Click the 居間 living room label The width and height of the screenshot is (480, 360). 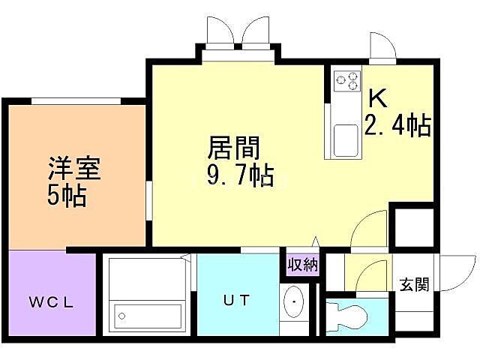point(228,146)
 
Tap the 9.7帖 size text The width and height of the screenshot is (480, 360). point(238,177)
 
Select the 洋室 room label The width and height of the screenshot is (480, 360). point(74,166)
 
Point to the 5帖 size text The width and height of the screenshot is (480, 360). point(67,196)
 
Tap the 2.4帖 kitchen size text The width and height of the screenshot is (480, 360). point(397,126)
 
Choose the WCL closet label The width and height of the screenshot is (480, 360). point(52,302)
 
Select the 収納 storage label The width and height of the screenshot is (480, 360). point(302,264)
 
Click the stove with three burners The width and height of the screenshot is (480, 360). point(347,81)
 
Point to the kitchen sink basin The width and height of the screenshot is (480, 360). point(346,140)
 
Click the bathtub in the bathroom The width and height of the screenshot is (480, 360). point(147,316)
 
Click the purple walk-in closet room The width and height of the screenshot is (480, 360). point(52,292)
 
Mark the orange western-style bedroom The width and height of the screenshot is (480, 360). point(75,176)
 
